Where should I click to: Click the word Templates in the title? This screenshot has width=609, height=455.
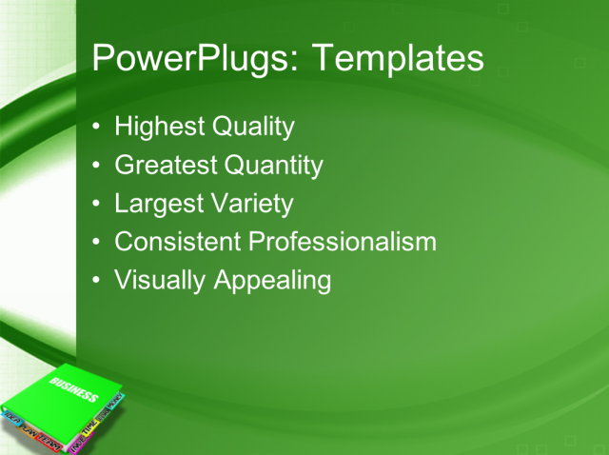(x=399, y=59)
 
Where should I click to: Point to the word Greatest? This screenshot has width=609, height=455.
(x=165, y=166)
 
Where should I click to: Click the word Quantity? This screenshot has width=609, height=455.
(x=273, y=166)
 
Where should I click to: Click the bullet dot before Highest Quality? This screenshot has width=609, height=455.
(x=98, y=128)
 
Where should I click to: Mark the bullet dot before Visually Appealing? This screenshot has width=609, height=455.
(x=98, y=282)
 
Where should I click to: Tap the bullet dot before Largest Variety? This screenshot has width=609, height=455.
(x=98, y=205)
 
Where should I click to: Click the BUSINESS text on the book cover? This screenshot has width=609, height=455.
(x=74, y=389)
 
